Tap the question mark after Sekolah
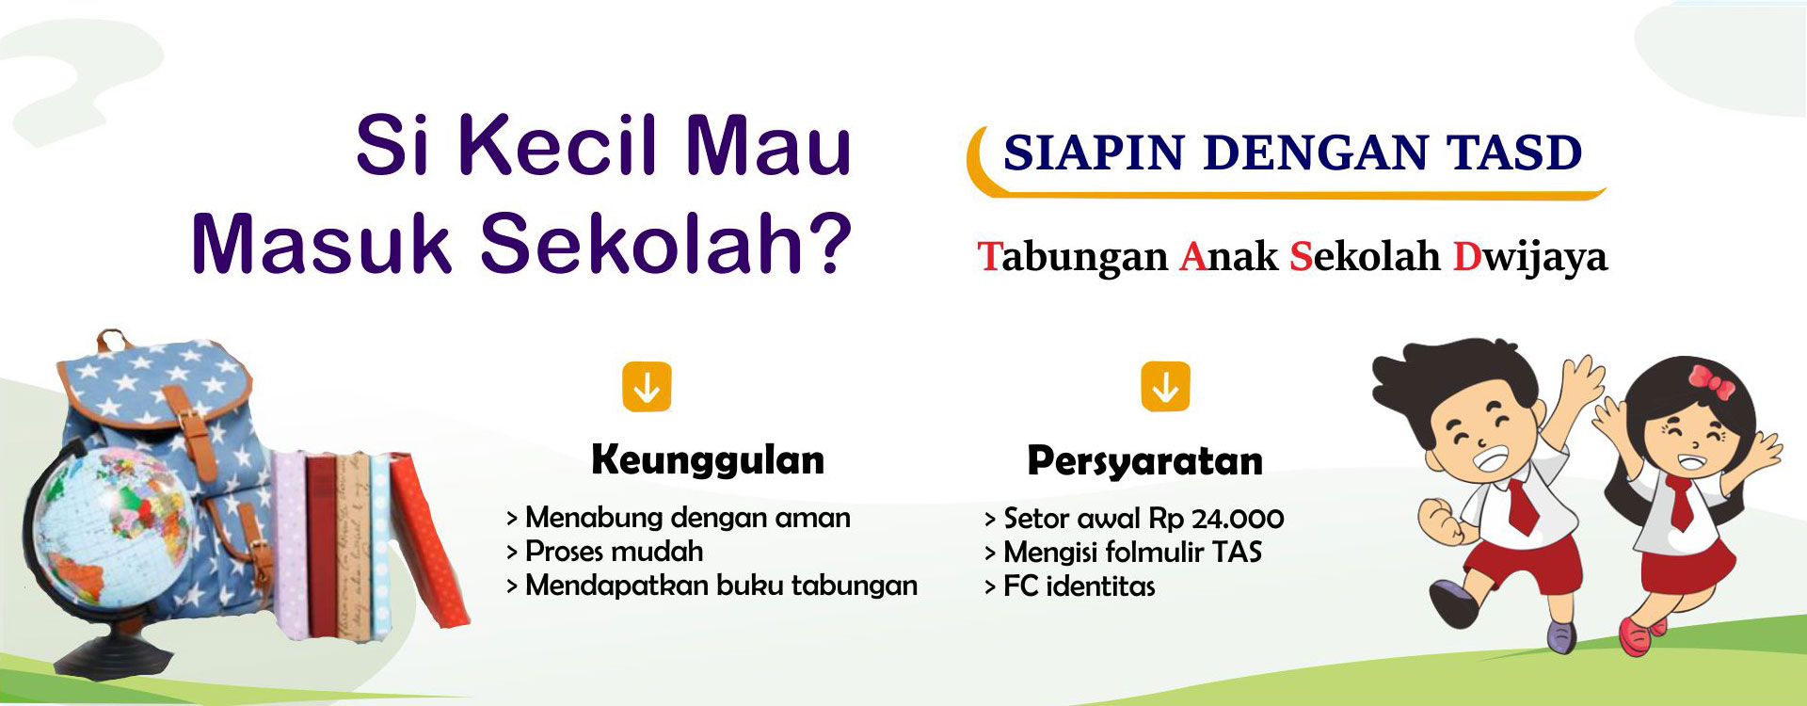pos(827,243)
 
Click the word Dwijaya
pos(1530,258)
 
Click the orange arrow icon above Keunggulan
pos(647,387)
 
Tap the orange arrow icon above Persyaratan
pos(1165,387)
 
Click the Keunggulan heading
pos(708,460)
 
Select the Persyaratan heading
pos(1144,461)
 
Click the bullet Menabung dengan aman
pos(679,518)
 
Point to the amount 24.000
pos(1238,519)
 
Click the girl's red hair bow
pos(1712,380)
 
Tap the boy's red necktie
pos(1523,504)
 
